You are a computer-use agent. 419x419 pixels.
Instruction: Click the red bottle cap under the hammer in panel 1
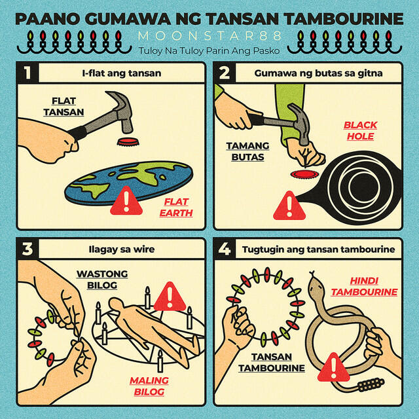point(128,142)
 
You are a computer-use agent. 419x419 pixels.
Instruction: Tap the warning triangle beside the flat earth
point(126,202)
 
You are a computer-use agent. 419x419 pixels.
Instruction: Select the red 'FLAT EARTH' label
point(176,208)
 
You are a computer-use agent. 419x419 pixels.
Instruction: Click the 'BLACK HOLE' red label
point(360,130)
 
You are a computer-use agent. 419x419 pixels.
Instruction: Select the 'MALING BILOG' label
point(149,386)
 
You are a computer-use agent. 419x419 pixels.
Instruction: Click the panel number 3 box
point(27,249)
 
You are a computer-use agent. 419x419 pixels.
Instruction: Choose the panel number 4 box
point(225,249)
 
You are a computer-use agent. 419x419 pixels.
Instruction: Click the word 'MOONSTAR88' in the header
point(209,36)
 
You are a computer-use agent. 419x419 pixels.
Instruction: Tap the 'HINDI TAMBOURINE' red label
point(364,287)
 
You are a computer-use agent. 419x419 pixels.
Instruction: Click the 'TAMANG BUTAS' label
point(247,151)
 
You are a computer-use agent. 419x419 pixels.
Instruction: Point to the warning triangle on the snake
point(333,368)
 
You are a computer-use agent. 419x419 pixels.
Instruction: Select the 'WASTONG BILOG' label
point(102,280)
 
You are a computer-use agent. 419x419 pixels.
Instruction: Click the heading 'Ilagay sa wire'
point(122,249)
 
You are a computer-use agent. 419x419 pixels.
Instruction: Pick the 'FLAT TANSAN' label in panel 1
point(64,106)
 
